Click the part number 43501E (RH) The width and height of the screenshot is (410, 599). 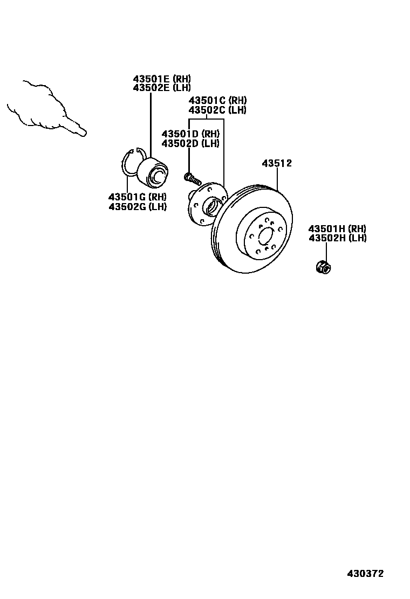click(x=162, y=79)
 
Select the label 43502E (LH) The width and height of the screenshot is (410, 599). click(x=162, y=87)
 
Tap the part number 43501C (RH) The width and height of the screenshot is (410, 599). click(x=217, y=101)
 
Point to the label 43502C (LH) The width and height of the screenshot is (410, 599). click(x=217, y=110)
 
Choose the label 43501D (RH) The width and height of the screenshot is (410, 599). click(x=190, y=134)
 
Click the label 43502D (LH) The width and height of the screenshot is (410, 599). click(x=190, y=143)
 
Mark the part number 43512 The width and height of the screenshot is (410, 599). click(x=277, y=163)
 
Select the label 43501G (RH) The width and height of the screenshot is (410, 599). click(x=137, y=197)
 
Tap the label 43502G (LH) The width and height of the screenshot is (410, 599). click(x=137, y=206)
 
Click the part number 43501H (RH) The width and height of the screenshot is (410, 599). click(x=337, y=229)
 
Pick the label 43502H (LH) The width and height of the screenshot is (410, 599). click(x=337, y=238)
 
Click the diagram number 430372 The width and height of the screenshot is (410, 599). click(x=365, y=574)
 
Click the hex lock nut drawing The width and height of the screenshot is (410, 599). click(x=323, y=266)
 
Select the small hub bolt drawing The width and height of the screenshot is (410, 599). click(x=192, y=177)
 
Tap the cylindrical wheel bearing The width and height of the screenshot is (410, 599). click(x=154, y=171)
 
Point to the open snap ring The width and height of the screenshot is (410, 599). click(x=129, y=162)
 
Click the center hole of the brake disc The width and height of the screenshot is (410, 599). click(x=264, y=235)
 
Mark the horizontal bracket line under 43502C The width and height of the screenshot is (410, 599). click(x=207, y=120)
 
